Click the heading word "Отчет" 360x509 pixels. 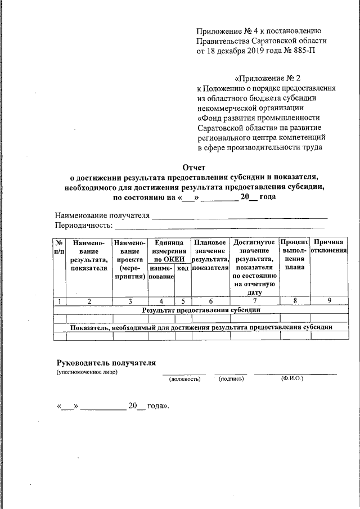(x=195, y=167)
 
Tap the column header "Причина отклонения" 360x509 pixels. (x=330, y=246)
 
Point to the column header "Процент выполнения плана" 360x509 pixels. (x=295, y=254)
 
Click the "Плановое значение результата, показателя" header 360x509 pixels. (x=210, y=255)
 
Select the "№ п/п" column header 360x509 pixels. (x=59, y=246)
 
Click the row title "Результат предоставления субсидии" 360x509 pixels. (x=201, y=310)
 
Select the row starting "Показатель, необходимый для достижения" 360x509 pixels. (x=201, y=327)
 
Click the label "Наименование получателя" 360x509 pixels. (x=102, y=215)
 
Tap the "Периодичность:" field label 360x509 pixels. (x=84, y=226)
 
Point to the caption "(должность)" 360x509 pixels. (x=184, y=379)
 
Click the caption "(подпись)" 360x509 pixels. (x=231, y=379)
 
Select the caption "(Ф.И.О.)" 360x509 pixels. (x=292, y=379)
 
